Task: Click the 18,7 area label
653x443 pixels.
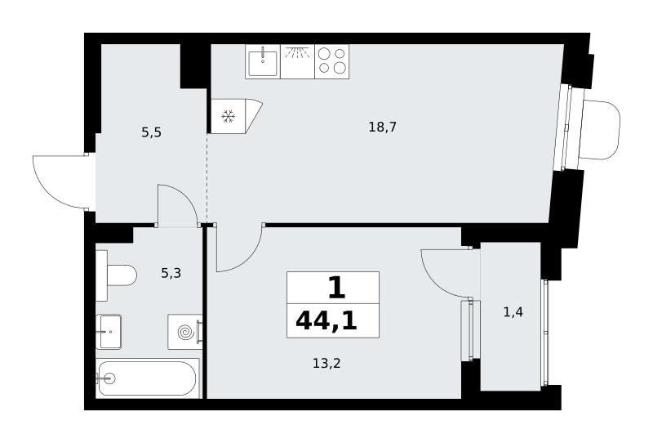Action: click(382, 127)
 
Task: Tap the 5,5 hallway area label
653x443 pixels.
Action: click(151, 133)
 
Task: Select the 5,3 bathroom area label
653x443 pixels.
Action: click(171, 274)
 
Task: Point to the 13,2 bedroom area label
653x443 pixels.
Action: click(326, 364)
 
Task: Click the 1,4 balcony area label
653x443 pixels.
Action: click(513, 312)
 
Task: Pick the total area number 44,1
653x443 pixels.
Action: click(326, 321)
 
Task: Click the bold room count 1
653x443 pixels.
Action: click(336, 288)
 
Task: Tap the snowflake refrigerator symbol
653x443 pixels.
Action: click(228, 116)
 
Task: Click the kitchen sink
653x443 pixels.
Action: click(263, 62)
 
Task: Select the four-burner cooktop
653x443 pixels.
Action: click(332, 61)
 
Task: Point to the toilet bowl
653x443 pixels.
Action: click(122, 275)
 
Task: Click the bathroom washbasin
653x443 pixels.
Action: click(109, 332)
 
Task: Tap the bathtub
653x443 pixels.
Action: click(148, 378)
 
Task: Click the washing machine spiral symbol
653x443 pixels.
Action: click(185, 332)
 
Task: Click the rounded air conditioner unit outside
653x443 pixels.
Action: click(602, 130)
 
